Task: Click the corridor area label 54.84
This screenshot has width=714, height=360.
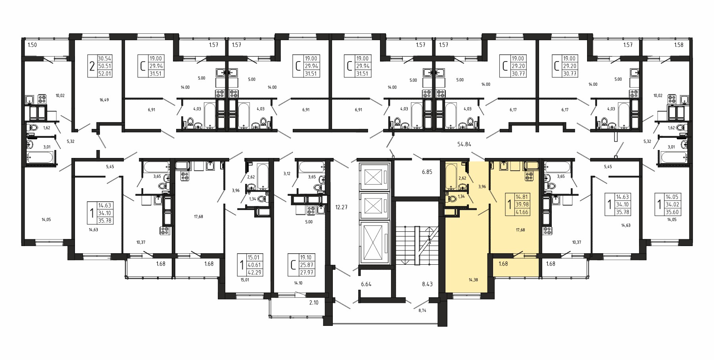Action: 464,144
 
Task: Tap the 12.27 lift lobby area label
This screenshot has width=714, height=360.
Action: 341,207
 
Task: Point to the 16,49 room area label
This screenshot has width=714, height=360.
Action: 104,100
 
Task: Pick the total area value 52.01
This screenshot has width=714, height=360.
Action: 105,74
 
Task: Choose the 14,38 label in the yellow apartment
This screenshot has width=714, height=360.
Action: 473,280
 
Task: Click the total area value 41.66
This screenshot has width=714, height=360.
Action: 522,212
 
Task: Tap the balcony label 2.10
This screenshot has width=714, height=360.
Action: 314,302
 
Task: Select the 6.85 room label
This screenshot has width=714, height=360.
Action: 427,172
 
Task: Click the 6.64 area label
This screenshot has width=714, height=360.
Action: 366,284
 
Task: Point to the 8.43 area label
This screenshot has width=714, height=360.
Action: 427,284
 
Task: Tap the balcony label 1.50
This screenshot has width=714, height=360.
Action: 32,45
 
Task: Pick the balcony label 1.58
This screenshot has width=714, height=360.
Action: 679,45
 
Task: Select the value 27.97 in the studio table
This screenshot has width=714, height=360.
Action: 307,272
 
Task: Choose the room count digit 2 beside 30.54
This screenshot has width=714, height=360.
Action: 92,66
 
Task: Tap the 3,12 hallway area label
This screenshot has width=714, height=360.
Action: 287,173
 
